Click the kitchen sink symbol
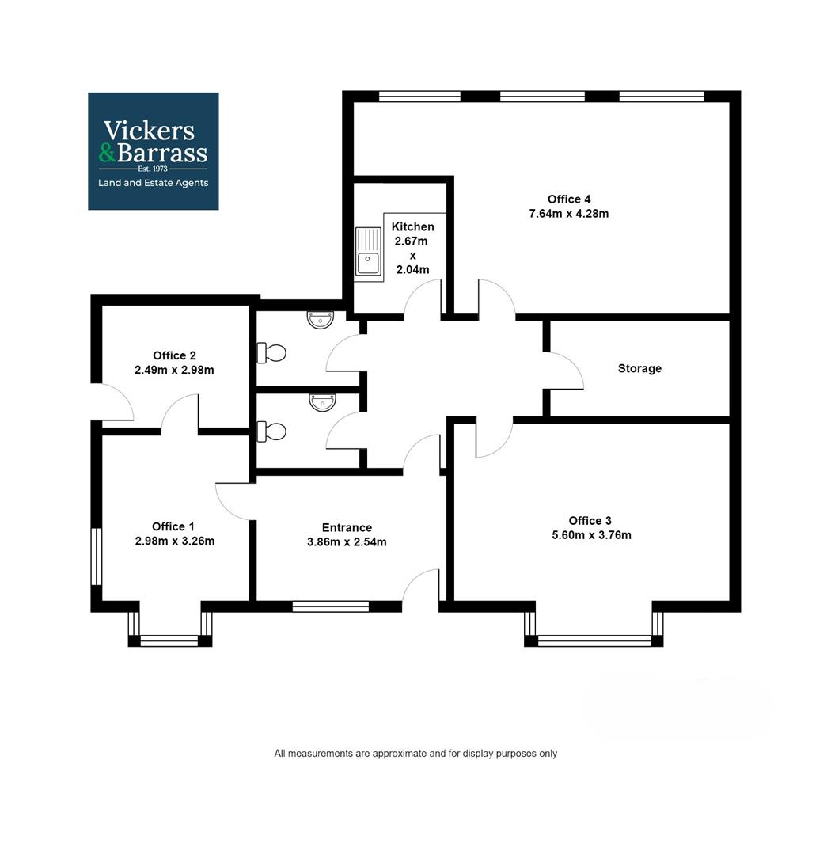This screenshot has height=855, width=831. click(368, 253)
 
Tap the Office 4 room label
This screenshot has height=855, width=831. click(569, 199)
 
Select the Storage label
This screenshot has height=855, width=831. click(639, 368)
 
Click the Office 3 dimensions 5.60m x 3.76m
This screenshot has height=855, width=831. click(591, 535)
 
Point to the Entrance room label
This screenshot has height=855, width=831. click(347, 528)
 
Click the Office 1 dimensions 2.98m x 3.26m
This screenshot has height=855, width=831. click(175, 541)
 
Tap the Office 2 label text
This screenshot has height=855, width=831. click(174, 355)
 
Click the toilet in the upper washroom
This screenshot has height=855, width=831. click(271, 352)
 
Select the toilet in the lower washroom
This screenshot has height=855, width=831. click(271, 431)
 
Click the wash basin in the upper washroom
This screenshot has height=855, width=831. click(322, 320)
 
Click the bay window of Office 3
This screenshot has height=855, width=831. click(594, 640)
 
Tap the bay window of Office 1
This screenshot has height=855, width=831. click(170, 640)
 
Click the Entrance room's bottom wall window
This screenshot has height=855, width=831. click(331, 607)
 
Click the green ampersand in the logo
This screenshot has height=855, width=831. click(107, 152)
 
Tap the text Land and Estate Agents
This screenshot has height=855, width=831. click(153, 183)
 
